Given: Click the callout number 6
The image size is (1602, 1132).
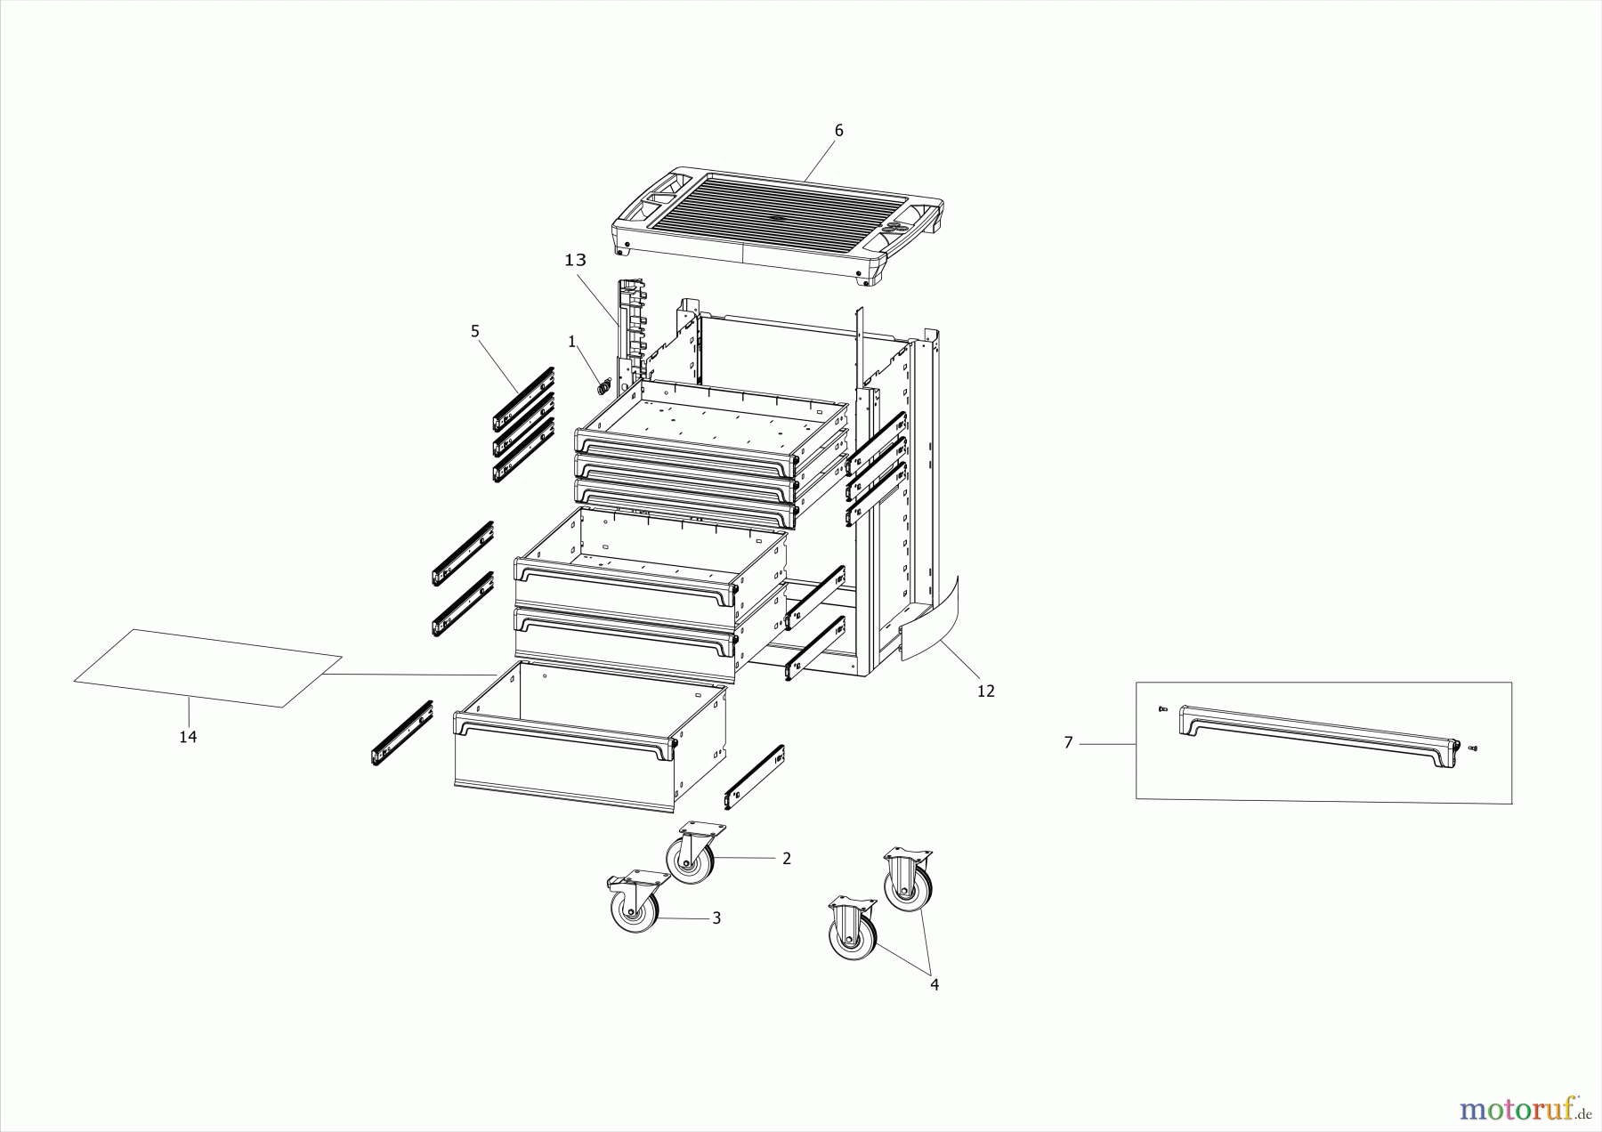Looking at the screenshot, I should click(x=838, y=131).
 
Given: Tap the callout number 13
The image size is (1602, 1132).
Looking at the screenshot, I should click(x=576, y=260).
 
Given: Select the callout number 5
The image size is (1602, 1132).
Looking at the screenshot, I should click(x=475, y=331).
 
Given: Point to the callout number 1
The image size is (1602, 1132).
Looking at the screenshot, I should click(x=572, y=341).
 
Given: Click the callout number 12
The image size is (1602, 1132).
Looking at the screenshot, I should click(x=985, y=691).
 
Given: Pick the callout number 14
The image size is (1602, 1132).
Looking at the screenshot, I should click(x=188, y=737).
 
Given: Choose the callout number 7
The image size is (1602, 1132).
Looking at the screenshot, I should click(x=1069, y=742).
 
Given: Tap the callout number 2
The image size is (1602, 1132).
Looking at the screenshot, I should click(x=787, y=859).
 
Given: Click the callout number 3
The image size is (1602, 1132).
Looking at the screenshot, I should click(x=716, y=918).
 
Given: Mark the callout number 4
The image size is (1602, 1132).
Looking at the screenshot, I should click(x=934, y=984).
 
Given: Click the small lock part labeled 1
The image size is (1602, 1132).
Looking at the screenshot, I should click(x=604, y=386).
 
